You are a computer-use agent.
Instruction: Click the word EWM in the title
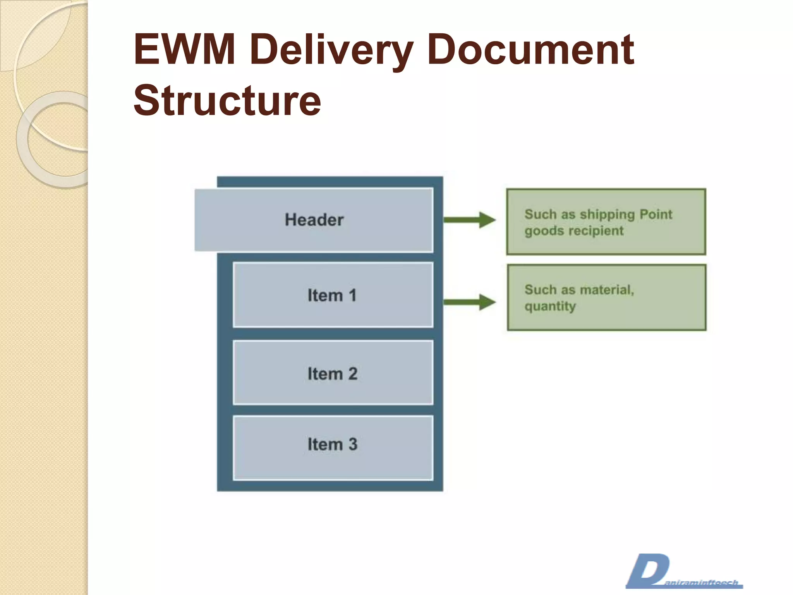184,49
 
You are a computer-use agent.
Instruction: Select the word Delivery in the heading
331,50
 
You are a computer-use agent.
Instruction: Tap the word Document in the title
530,49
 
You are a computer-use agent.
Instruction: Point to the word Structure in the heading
227,101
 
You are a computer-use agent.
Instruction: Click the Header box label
314,220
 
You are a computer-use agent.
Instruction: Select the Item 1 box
333,295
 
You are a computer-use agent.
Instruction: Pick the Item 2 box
333,373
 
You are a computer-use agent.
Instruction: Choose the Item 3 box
333,447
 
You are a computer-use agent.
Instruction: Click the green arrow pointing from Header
469,220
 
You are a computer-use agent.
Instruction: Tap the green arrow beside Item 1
469,302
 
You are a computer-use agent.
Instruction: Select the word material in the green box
606,290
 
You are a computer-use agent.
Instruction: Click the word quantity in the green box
550,306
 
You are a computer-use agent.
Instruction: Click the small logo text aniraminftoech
701,583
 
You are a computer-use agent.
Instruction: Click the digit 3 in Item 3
352,444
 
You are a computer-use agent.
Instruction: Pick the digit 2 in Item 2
352,374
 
